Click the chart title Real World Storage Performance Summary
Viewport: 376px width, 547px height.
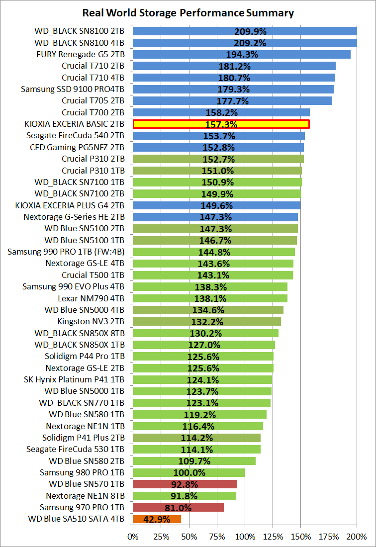pyautogui.click(x=188, y=13)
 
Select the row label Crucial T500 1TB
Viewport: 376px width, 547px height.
pyautogui.click(x=93, y=275)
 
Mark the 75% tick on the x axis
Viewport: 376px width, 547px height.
pyautogui.click(x=216, y=537)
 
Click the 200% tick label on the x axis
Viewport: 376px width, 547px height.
pyautogui.click(x=357, y=537)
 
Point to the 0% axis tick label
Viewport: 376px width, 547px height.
pyautogui.click(x=133, y=537)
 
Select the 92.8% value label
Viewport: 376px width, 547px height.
pyautogui.click(x=185, y=484)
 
